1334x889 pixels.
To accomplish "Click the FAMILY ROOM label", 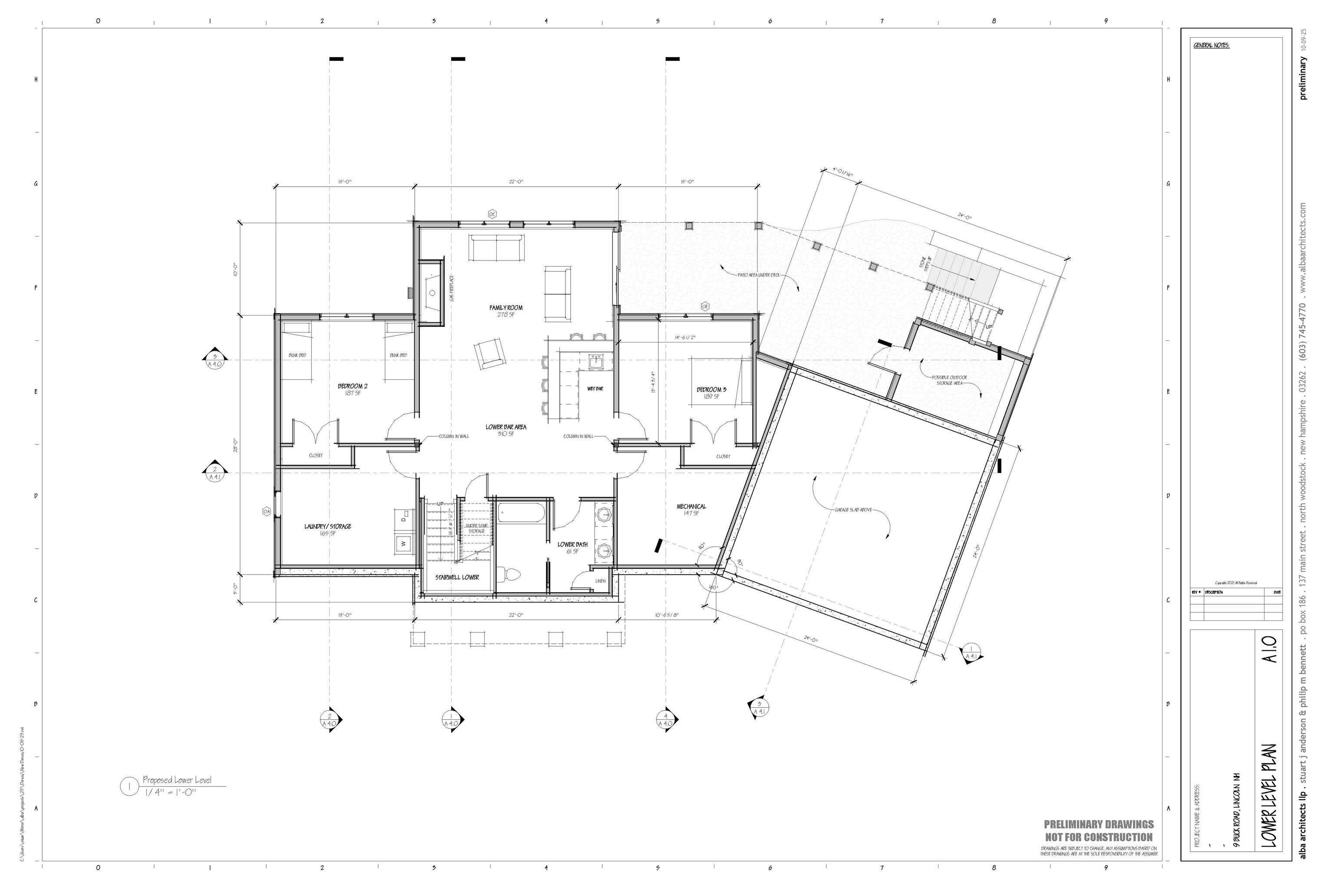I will (x=506, y=308).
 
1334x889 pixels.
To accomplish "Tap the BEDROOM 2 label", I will (x=352, y=386).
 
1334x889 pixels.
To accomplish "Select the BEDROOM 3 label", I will (x=711, y=389).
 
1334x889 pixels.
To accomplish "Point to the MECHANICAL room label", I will (x=691, y=506).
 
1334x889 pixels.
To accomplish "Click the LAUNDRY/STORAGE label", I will (x=328, y=526).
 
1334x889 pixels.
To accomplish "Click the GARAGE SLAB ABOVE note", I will (x=852, y=510).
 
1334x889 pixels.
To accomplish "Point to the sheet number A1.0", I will (x=1268, y=652).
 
